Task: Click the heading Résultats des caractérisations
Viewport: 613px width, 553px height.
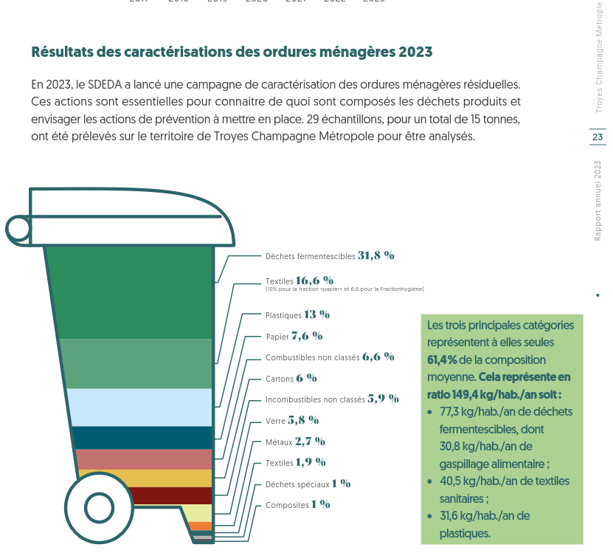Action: (232, 52)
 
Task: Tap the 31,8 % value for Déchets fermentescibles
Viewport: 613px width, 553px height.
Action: (376, 255)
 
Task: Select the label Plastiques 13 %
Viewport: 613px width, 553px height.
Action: (297, 315)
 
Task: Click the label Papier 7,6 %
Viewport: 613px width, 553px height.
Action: (294, 336)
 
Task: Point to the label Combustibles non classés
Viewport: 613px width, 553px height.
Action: (312, 357)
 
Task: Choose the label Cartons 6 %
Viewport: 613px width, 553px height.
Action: (291, 378)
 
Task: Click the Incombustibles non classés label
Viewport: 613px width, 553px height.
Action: (315, 399)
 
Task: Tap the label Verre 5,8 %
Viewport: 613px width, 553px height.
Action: (291, 420)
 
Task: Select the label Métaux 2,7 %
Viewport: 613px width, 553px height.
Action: (295, 442)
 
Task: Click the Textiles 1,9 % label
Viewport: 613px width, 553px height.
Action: (295, 463)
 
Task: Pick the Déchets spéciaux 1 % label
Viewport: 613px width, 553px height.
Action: (308, 484)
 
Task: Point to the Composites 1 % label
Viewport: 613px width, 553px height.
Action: (297, 505)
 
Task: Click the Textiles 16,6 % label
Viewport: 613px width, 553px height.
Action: (299, 281)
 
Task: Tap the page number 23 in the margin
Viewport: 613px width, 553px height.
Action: (597, 137)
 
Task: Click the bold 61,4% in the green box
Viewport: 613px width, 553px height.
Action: (442, 360)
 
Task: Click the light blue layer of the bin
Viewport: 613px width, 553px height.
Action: (140, 407)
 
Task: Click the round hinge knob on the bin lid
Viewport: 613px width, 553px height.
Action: (18, 229)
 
